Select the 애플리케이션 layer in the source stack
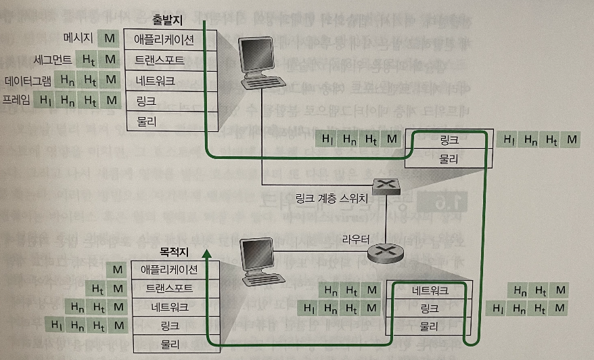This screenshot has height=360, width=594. [x=168, y=40]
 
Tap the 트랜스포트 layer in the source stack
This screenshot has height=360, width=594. [x=168, y=61]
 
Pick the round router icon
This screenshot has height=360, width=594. [x=384, y=253]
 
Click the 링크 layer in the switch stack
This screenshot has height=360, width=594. [x=449, y=140]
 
